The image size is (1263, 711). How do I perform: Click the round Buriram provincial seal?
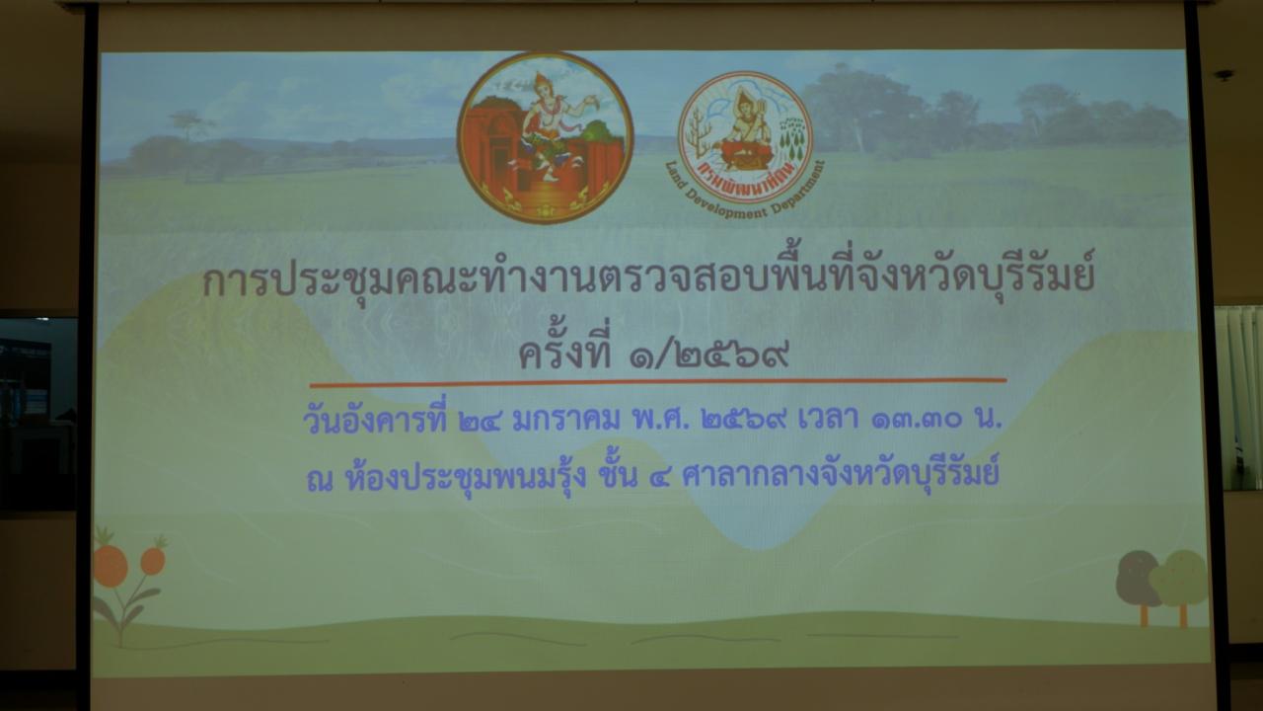tap(545, 137)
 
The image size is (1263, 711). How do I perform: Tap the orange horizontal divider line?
tap(657, 381)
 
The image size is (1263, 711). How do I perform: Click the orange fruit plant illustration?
tap(125, 583)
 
